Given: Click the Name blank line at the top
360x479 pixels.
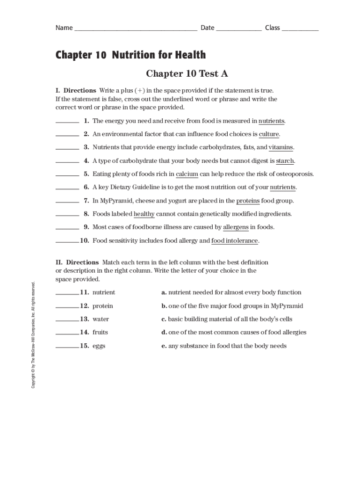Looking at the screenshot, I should (135, 29).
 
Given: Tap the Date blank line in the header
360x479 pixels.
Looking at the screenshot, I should (238, 29).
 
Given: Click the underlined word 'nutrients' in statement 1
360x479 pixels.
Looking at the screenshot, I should (271, 121).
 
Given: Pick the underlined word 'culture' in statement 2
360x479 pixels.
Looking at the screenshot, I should (269, 134).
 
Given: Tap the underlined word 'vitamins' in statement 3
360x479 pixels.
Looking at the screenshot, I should (281, 147).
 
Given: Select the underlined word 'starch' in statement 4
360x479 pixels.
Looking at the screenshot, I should (285, 161).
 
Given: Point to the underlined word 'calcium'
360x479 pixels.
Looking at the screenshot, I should (187, 174).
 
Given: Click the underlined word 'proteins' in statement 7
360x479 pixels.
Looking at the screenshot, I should (248, 201).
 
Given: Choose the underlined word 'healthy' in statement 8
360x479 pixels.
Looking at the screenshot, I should (144, 214).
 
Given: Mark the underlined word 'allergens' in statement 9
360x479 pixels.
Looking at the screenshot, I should (236, 227).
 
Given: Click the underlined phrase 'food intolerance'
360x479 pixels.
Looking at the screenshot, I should (235, 240).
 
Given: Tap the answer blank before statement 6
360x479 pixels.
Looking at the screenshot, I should (67, 189).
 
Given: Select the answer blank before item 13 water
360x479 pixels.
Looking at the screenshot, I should (67, 320).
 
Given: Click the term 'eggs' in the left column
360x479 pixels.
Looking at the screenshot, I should (99, 346).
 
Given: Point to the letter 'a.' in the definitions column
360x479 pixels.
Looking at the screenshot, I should (164, 292).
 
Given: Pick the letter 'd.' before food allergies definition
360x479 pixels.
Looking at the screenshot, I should (164, 332).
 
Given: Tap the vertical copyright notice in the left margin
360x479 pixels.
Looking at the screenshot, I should (33, 334).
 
